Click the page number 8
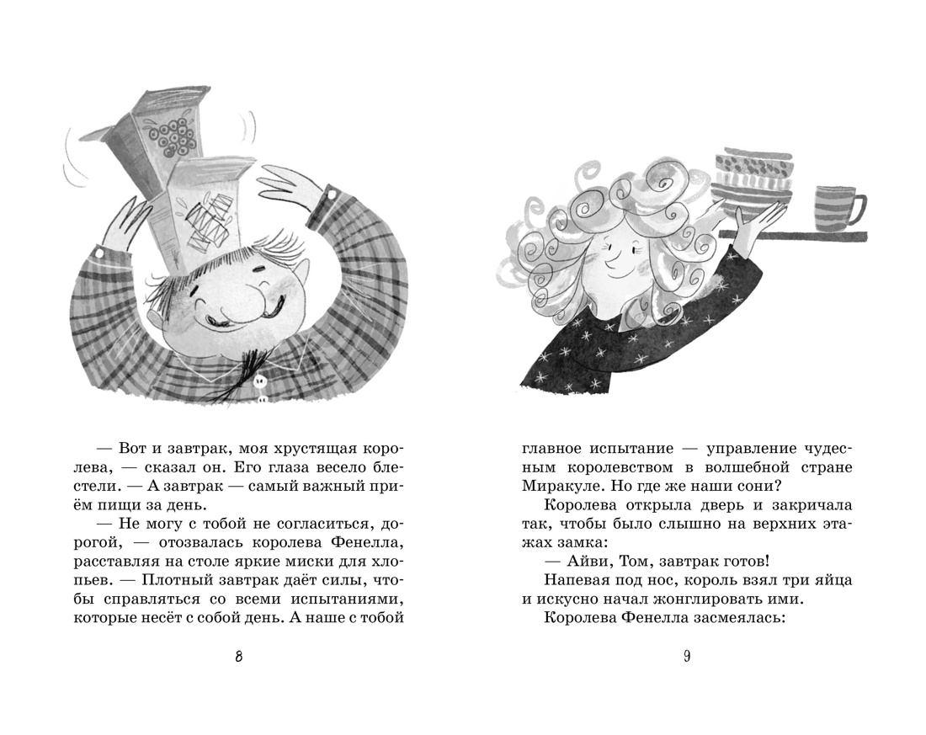[239, 658]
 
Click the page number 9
[687, 658]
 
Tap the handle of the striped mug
[859, 210]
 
